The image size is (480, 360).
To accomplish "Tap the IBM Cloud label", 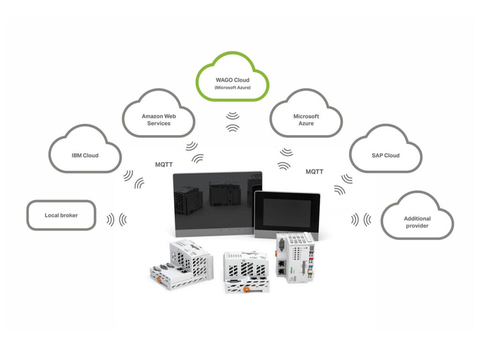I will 85,155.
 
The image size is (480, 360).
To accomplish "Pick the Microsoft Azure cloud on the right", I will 306,119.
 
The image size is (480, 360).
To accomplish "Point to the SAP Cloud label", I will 386,155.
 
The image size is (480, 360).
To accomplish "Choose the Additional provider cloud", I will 417,222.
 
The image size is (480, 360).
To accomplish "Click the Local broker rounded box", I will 61,215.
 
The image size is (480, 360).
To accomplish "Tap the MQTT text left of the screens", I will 164,165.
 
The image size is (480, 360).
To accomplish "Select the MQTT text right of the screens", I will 315,172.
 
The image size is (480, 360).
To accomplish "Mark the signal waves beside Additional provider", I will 361,219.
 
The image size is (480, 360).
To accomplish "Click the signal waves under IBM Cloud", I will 133,180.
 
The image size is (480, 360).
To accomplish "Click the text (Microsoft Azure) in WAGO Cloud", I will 232,88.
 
